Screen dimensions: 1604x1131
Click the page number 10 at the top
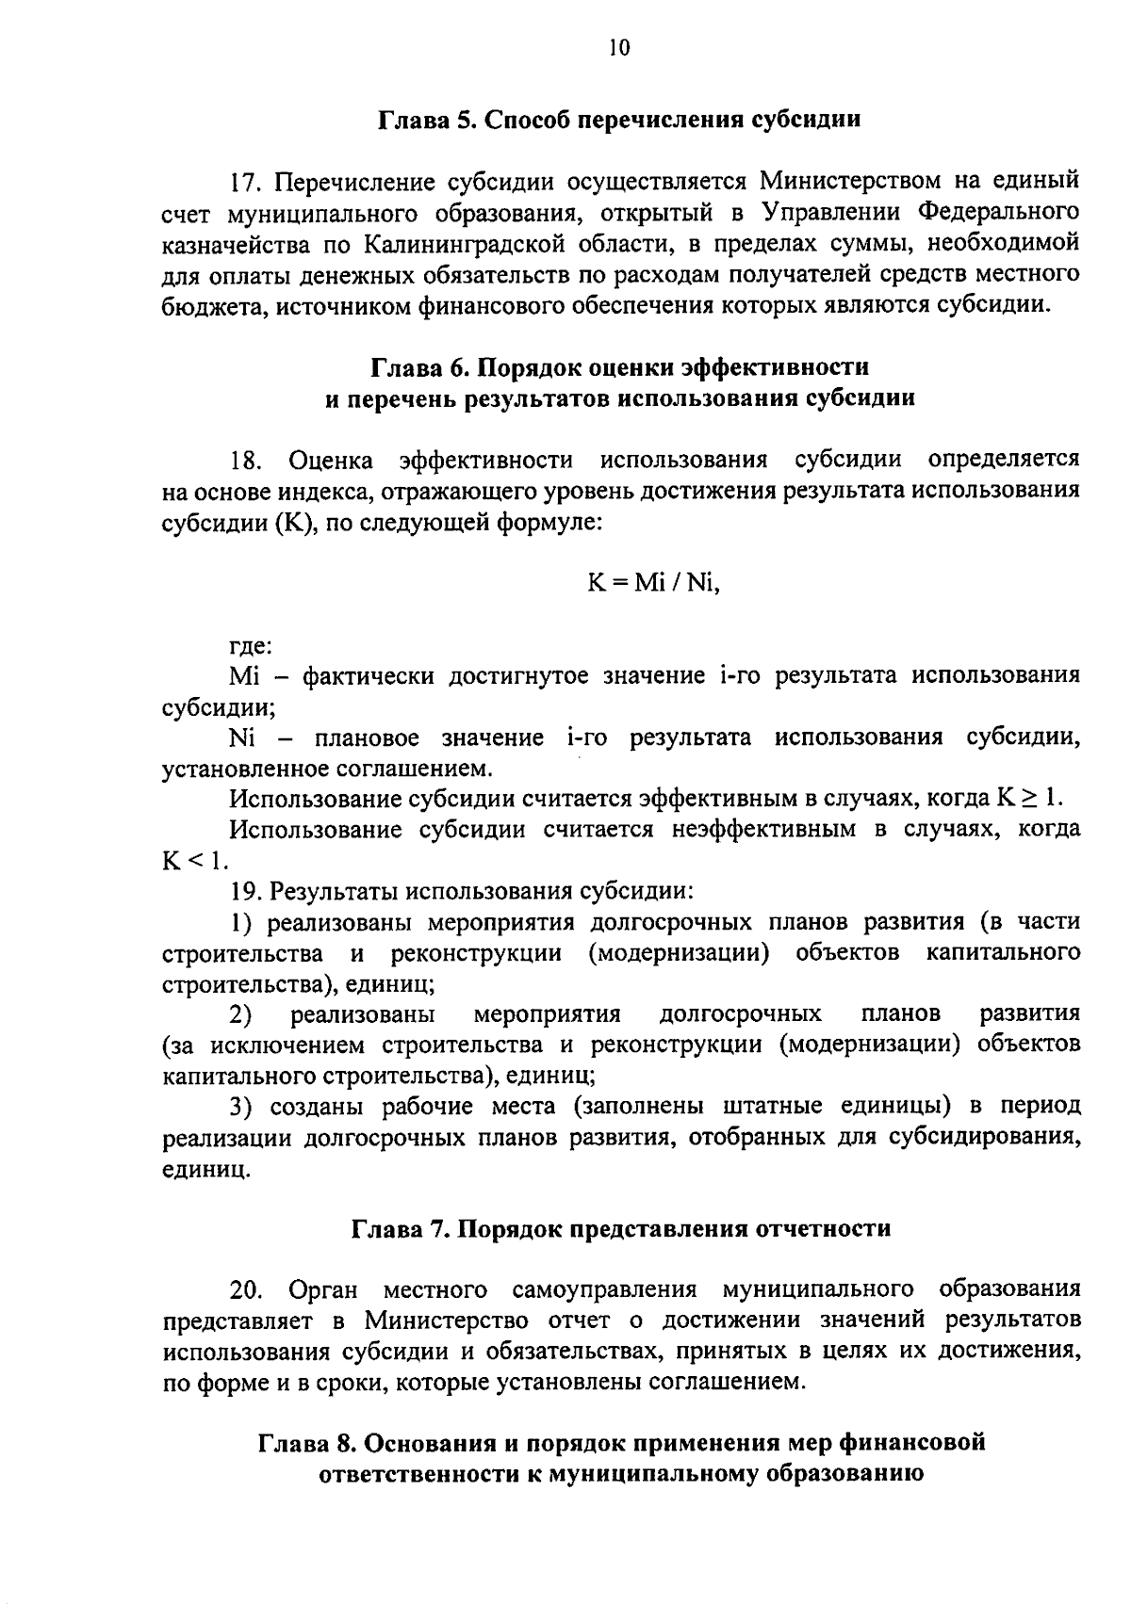(x=618, y=48)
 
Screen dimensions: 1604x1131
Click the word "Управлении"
(x=828, y=213)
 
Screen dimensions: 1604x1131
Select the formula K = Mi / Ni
(x=653, y=583)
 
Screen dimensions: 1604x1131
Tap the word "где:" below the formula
(x=251, y=646)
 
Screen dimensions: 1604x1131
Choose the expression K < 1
(x=194, y=860)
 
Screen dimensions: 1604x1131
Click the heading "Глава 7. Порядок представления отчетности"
(x=621, y=1229)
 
